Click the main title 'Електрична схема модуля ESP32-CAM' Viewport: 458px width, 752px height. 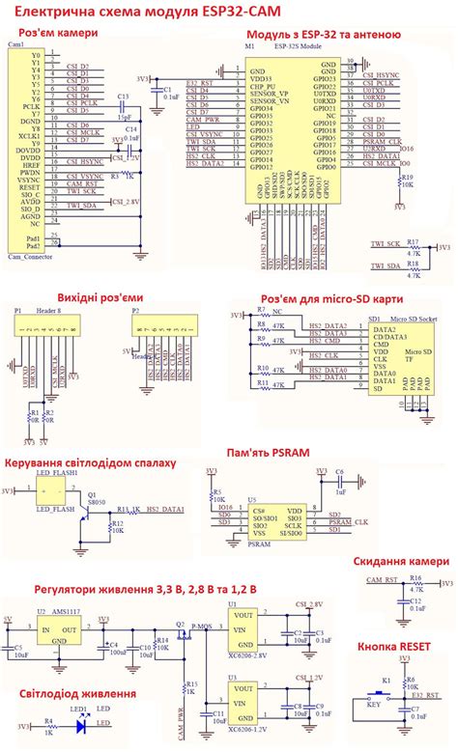229,11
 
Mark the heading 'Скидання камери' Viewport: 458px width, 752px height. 400,561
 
